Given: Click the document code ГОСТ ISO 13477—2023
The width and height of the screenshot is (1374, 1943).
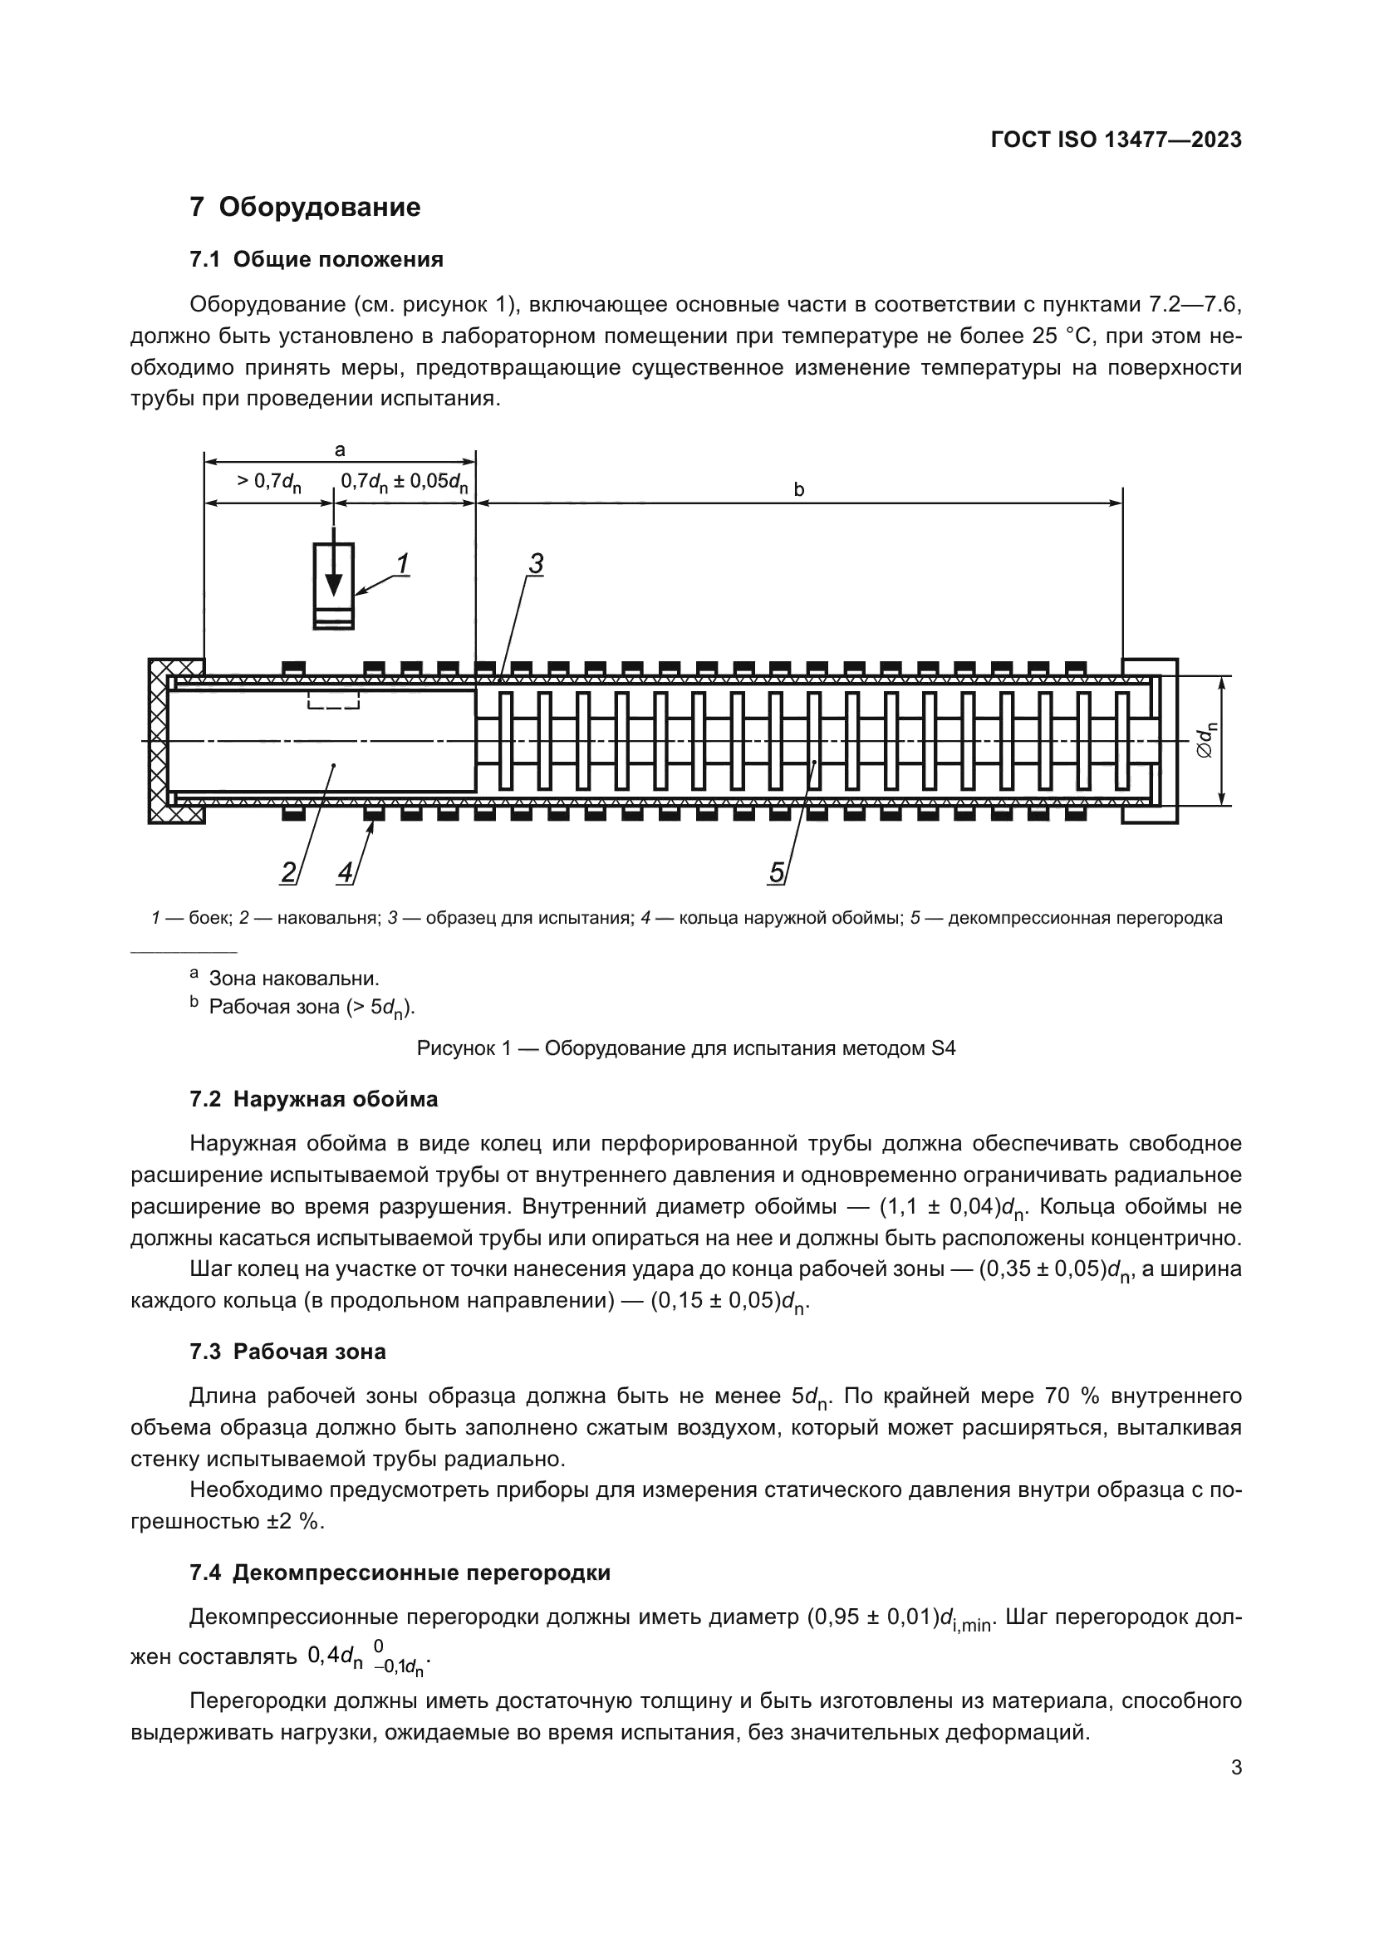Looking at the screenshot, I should click(x=1116, y=140).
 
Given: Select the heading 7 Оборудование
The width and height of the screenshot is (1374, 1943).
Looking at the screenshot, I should click(x=305, y=208).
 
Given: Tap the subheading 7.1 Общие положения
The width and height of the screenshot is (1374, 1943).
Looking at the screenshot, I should click(x=317, y=259).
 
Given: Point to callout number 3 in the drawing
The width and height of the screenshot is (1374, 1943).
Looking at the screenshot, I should click(x=535, y=562).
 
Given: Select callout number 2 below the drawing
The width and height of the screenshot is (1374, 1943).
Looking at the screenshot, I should click(x=288, y=871).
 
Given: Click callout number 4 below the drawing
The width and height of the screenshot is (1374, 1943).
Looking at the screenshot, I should click(x=346, y=871).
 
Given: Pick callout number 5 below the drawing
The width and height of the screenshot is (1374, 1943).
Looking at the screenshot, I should click(x=776, y=871).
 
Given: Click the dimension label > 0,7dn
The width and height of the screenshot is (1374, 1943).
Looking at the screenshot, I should click(x=269, y=483).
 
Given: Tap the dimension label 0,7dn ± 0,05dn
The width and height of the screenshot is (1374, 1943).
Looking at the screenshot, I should click(x=405, y=483).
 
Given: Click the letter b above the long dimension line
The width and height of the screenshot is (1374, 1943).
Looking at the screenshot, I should click(x=798, y=489).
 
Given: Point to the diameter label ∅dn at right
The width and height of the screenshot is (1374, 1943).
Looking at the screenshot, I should click(x=1209, y=739).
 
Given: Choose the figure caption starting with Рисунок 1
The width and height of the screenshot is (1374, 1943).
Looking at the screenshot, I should click(x=686, y=1048).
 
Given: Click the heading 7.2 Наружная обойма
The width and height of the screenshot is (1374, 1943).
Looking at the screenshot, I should click(x=314, y=1099).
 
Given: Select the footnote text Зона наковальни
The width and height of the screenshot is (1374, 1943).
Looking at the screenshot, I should click(x=293, y=979).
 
